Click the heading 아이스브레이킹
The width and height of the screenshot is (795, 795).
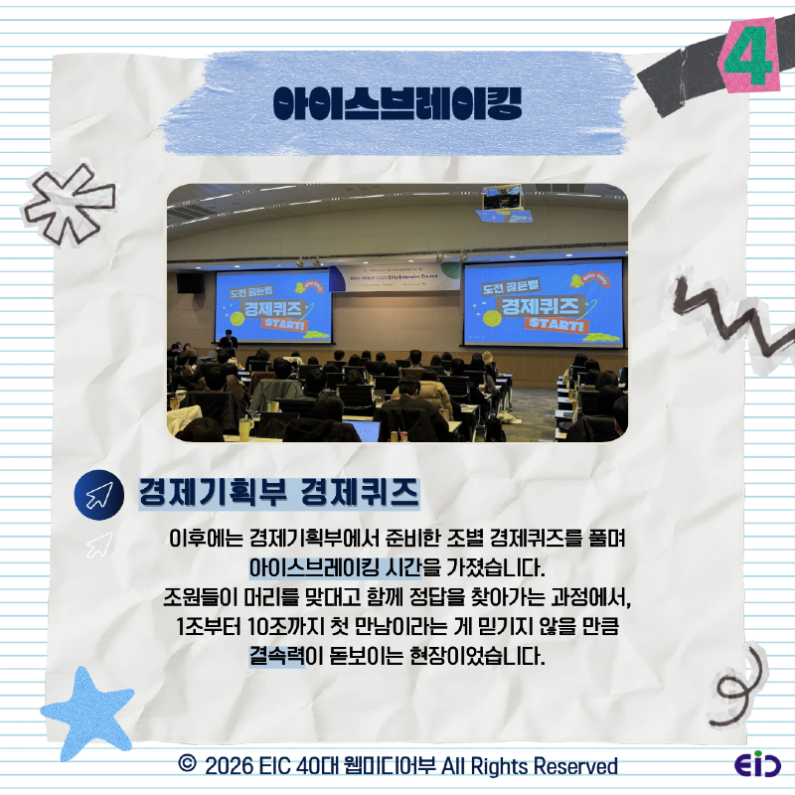coord(397,101)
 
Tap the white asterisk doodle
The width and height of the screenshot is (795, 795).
coord(69,200)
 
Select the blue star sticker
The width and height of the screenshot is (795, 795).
coord(87,707)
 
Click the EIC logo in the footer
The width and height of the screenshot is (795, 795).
coord(757,766)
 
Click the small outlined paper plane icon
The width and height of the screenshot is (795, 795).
coord(98,544)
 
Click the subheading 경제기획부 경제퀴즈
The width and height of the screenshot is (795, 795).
coord(278,493)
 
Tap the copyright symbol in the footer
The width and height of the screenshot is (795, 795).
coord(186,765)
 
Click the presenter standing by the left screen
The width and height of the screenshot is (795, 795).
coord(229,343)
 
